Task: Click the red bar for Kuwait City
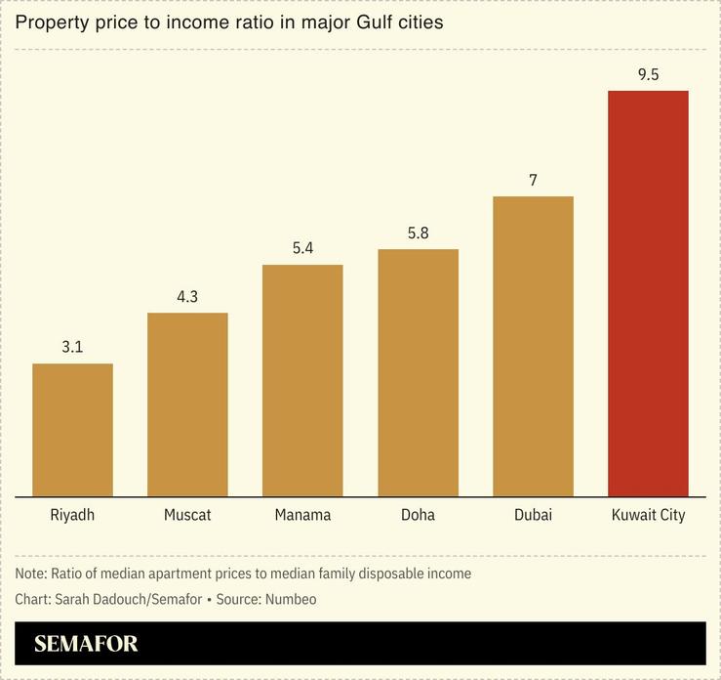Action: pos(648,293)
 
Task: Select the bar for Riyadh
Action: pos(72,430)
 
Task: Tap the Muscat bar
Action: pos(187,404)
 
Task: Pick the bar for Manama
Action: pos(302,380)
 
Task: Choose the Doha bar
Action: pos(418,372)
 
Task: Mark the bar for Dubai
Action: pos(533,346)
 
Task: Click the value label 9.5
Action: pos(648,74)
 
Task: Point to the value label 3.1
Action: pos(72,347)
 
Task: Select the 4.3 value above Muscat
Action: pos(187,296)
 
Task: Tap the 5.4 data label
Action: pos(302,248)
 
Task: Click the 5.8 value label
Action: pos(418,233)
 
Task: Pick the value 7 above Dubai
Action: pos(533,180)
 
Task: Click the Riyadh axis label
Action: pos(72,515)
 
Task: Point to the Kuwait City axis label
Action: pos(648,515)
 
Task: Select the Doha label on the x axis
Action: pos(418,515)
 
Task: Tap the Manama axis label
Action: pos(302,515)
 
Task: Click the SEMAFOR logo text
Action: pos(86,644)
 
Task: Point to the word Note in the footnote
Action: pos(31,574)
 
